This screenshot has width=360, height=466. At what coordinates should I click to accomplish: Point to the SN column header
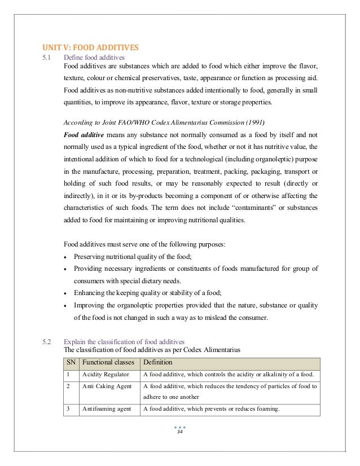click(70, 362)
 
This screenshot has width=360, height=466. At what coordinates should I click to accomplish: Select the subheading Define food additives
click(95, 57)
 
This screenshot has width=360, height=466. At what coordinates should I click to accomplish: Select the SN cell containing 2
click(68, 387)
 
